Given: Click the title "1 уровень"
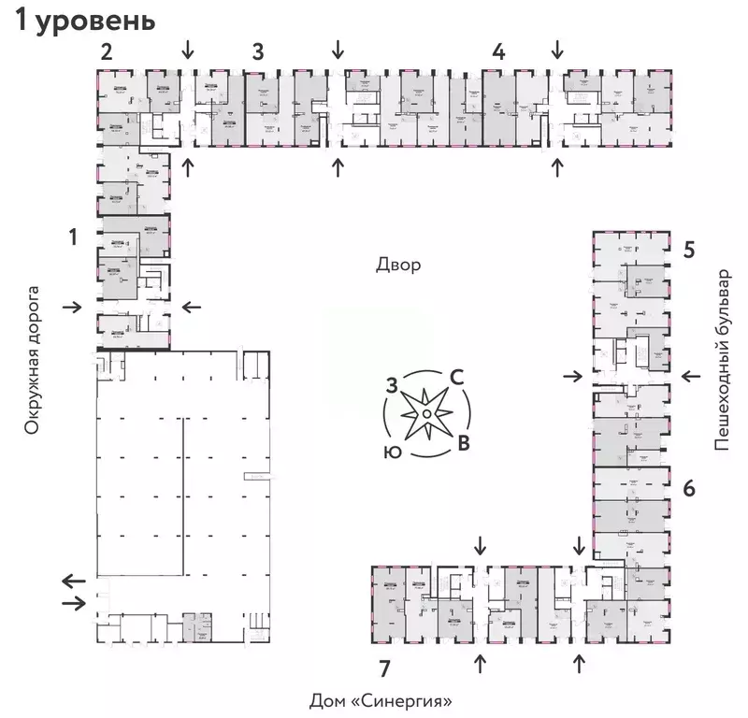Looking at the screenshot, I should tap(83, 22).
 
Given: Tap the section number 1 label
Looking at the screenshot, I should tap(72, 237).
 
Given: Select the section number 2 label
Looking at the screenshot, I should tap(107, 52).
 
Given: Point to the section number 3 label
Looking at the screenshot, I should tap(257, 52).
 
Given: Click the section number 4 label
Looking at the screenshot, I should tap(499, 52).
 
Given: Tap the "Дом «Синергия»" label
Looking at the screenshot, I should tap(387, 700).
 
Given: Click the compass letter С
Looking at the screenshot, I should tap(457, 377).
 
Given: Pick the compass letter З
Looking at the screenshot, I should tap(394, 383).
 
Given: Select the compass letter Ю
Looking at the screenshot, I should tap(393, 451).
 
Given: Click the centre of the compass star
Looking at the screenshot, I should tap(425, 412).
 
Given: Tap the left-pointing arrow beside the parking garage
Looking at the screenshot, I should tap(72, 581).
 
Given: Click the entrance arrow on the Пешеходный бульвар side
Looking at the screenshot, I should tap(692, 376).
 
